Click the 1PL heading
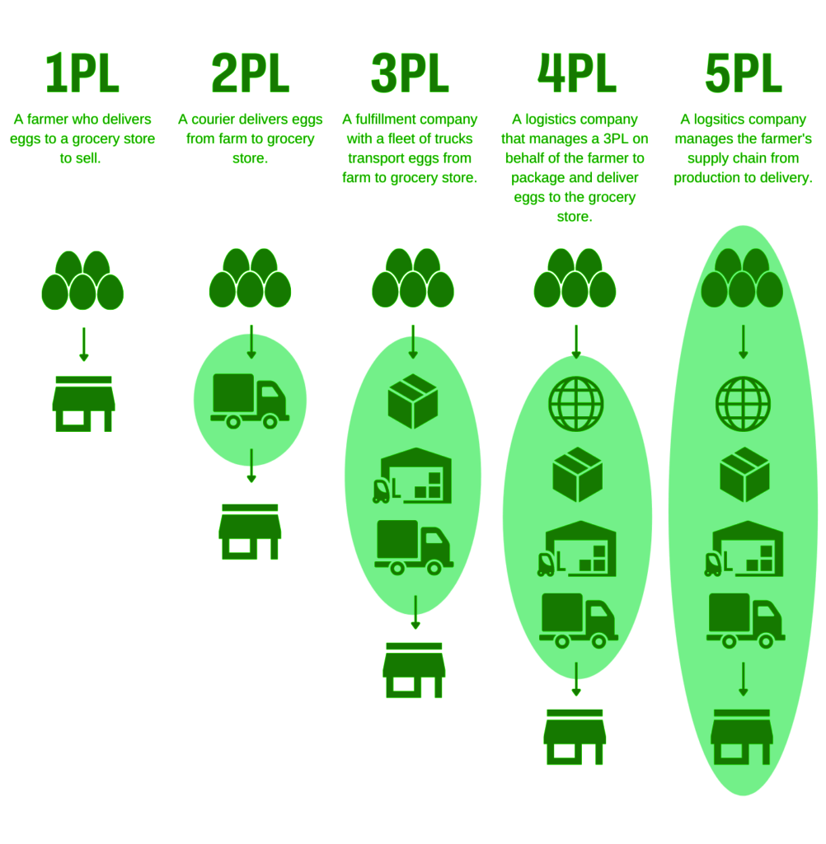[x=82, y=73]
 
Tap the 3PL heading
[x=410, y=73]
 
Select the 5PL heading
[x=743, y=73]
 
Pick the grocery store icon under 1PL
[x=83, y=404]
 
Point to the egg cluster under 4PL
[x=575, y=279]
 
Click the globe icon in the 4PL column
[x=575, y=404]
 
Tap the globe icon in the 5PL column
[x=743, y=404]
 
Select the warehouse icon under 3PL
[x=412, y=476]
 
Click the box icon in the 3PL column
[x=412, y=401]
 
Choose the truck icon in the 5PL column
[x=745, y=621]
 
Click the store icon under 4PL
[x=575, y=737]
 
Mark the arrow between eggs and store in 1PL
[x=83, y=344]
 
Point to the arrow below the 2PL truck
[x=251, y=466]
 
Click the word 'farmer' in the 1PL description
[x=47, y=119]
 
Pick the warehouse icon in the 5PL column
[x=744, y=549]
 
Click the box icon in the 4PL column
[x=577, y=475]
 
